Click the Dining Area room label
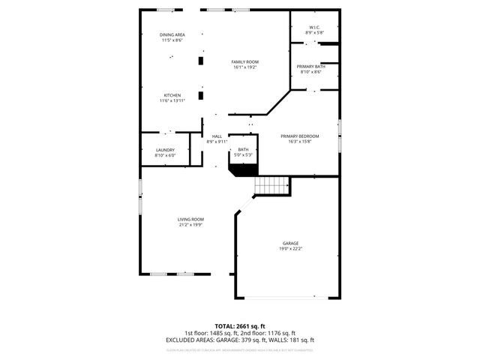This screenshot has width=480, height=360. [x=172, y=35]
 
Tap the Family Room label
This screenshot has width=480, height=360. [x=244, y=61]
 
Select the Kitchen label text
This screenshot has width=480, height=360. [x=172, y=95]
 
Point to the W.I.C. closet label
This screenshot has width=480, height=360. [x=313, y=28]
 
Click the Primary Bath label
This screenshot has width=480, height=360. [x=310, y=67]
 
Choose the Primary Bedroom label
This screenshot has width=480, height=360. [x=299, y=136]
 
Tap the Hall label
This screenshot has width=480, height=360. [x=217, y=136]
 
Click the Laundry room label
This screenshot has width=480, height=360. [x=165, y=150]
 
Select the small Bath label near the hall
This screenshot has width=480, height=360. [x=243, y=149]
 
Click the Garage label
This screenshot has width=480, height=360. [x=290, y=243]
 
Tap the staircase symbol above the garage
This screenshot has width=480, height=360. [x=272, y=185]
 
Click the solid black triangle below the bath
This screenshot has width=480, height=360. [x=244, y=170]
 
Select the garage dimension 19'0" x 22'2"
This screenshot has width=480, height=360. [x=290, y=248]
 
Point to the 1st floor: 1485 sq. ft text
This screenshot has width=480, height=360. [x=209, y=333]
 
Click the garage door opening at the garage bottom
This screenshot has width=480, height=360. [x=289, y=298]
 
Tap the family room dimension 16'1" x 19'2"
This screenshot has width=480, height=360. [x=244, y=67]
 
